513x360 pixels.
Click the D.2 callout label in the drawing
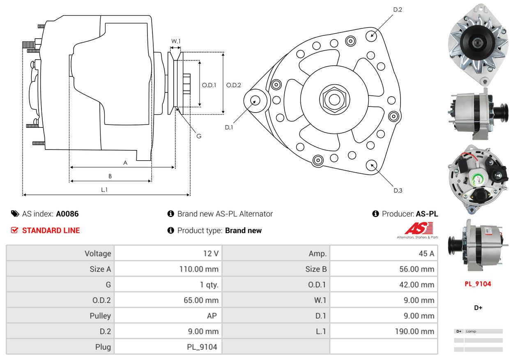[x=397, y=9]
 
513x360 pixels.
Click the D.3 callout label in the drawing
[x=398, y=190]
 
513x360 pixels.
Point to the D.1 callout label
[x=229, y=127]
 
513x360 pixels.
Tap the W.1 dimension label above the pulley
[x=176, y=41]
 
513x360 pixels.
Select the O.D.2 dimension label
[x=234, y=85]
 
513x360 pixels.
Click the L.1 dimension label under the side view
[x=104, y=189]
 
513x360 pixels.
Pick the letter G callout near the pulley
[x=198, y=136]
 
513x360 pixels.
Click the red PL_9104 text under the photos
[x=478, y=284]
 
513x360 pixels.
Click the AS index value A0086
[x=67, y=214]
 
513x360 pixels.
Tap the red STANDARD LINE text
[x=51, y=231]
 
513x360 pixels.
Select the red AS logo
[x=419, y=228]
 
